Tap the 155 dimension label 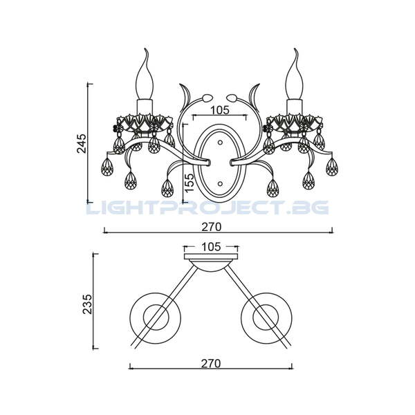click(189, 183)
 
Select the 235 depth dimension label click(88, 304)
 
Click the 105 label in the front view click(220, 110)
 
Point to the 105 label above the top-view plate click(211, 247)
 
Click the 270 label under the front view click(211, 227)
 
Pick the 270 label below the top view click(211, 363)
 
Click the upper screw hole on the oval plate click(220, 142)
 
